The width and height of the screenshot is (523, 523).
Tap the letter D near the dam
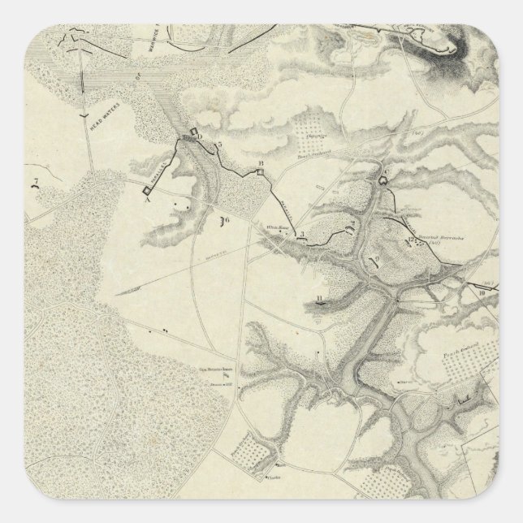point(200,136)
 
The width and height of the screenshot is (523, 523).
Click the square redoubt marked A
point(146,190)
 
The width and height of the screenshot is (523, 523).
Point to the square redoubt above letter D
point(194,131)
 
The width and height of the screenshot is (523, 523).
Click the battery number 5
point(218,145)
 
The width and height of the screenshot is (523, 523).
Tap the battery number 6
point(227,219)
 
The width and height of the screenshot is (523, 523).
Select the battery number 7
point(35,181)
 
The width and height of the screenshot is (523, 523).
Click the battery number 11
point(321,299)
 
